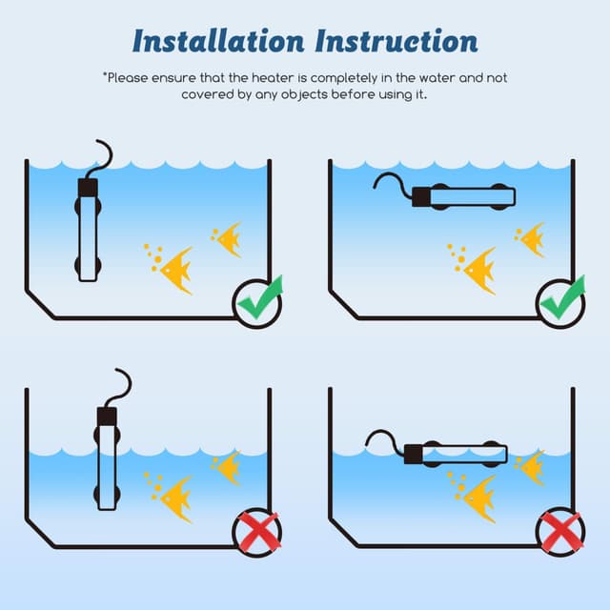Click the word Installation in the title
[218, 41]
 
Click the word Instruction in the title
[396, 41]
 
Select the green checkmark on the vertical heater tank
[260, 296]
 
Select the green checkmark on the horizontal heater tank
[563, 296]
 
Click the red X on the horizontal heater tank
[561, 532]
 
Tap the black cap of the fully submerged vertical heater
[88, 188]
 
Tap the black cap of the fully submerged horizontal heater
[421, 197]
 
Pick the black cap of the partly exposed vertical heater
[107, 417]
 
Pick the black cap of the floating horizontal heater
[413, 455]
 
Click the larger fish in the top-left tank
[175, 270]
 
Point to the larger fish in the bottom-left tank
[175, 498]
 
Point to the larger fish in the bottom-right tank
[479, 498]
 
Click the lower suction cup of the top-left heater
[88, 266]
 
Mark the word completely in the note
[344, 78]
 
